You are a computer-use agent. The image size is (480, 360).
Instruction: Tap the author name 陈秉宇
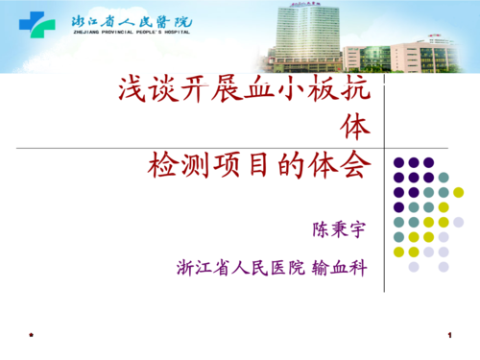(x=339, y=230)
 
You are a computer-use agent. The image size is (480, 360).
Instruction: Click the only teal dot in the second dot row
(x=444, y=177)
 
